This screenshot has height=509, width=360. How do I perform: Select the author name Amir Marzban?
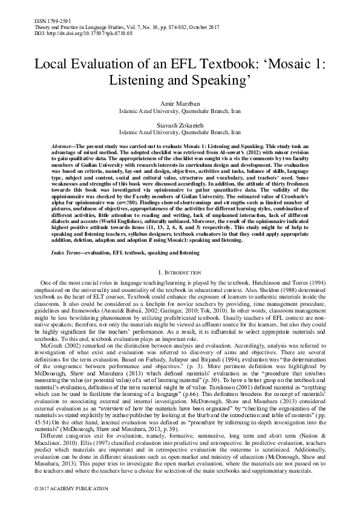[x=180, y=104]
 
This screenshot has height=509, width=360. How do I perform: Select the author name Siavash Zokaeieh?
[x=180, y=123]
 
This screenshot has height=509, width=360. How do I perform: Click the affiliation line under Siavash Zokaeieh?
[x=180, y=131]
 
